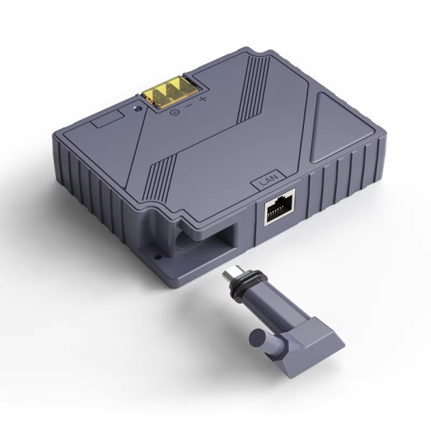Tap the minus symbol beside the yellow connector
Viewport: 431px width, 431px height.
(188, 104)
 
